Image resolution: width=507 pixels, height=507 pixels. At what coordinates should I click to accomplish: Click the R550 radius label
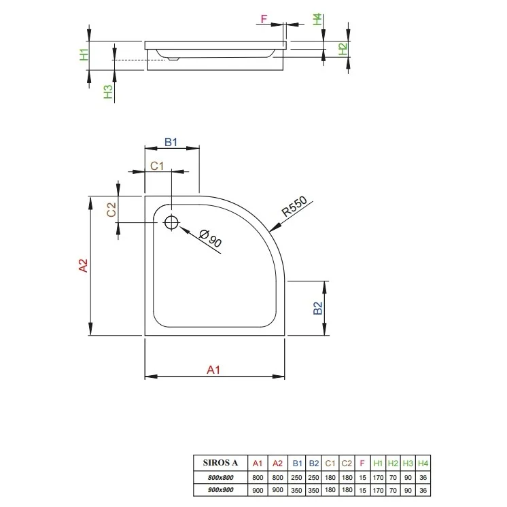pyautogui.click(x=295, y=207)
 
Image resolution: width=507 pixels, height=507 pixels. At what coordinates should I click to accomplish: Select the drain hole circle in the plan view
pyautogui.click(x=171, y=222)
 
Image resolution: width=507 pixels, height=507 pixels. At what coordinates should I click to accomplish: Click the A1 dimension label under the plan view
pyautogui.click(x=213, y=370)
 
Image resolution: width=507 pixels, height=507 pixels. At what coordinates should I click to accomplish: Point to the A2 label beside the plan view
pyautogui.click(x=83, y=266)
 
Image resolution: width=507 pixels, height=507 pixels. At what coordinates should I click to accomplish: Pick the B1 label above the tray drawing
pyautogui.click(x=171, y=142)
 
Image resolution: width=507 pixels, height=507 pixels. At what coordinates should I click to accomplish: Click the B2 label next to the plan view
pyautogui.click(x=317, y=308)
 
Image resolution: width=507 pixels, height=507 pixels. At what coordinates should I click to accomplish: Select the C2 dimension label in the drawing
pyautogui.click(x=113, y=209)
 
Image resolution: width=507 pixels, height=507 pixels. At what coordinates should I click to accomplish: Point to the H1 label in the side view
pyautogui.click(x=84, y=55)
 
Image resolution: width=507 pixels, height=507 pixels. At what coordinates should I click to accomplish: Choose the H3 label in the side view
pyautogui.click(x=107, y=92)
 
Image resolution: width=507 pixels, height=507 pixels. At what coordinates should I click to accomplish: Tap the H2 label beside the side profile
pyautogui.click(x=343, y=48)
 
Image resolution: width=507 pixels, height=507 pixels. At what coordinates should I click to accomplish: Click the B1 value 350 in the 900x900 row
pyautogui.click(x=297, y=489)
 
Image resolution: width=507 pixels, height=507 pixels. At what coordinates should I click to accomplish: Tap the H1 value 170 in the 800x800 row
pyautogui.click(x=378, y=478)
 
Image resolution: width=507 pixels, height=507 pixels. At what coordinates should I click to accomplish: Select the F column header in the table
pyautogui.click(x=362, y=464)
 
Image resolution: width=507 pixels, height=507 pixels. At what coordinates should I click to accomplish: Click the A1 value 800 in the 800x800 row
pyautogui.click(x=257, y=478)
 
